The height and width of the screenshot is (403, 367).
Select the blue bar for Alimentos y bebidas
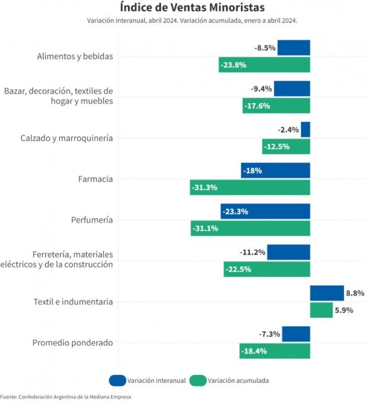coord(294,48)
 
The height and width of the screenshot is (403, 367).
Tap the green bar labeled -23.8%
coord(264,65)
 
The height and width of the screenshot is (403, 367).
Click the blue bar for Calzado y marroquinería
coord(306,129)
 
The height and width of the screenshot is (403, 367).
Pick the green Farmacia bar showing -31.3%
coord(250,187)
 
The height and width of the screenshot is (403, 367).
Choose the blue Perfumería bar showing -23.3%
coord(265,212)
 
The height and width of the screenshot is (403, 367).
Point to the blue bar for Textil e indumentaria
coord(327,293)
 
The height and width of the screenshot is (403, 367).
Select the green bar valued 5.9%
coord(321,310)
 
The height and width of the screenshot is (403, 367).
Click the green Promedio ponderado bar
coord(275,351)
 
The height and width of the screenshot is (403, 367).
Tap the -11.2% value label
coord(252,252)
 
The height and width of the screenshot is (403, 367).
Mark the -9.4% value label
coord(261,89)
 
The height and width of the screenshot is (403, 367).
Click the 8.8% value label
coord(355,293)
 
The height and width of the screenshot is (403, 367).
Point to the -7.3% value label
coord(269,334)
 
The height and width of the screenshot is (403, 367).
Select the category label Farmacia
coord(95,179)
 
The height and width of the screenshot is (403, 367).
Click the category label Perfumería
coord(92,220)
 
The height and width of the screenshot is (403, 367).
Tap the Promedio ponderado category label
coord(72,343)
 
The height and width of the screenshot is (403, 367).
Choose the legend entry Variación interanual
coord(156,381)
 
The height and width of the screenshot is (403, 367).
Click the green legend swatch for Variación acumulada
coord(198,381)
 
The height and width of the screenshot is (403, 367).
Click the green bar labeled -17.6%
coord(276,106)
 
